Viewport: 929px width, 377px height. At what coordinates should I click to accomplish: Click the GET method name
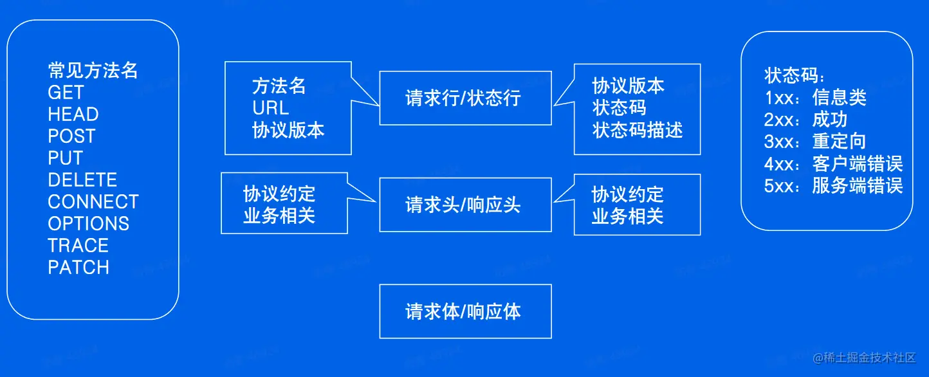tap(66, 93)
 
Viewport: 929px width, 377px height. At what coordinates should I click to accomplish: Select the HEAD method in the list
tap(73, 115)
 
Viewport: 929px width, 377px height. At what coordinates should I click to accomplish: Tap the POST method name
tap(71, 136)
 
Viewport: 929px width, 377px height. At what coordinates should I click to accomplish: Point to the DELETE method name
tap(82, 179)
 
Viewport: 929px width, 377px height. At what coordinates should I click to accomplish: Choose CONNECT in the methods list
tap(93, 201)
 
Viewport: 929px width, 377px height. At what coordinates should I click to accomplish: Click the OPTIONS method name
tap(88, 223)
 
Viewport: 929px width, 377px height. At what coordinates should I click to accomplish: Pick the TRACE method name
tap(78, 245)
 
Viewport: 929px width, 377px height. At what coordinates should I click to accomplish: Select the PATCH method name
tap(78, 267)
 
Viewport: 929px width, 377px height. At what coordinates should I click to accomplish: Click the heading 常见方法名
tap(93, 70)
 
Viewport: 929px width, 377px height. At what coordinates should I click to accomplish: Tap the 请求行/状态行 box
tap(465, 98)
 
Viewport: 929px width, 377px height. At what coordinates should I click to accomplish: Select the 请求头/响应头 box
tap(465, 205)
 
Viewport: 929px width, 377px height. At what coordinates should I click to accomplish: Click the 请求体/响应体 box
tap(465, 311)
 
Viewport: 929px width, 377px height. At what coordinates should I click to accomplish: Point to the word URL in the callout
tap(270, 107)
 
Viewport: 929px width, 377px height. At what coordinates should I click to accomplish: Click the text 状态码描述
tap(637, 130)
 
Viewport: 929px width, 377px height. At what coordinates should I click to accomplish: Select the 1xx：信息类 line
tap(815, 98)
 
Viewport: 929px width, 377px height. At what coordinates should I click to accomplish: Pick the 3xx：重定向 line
tap(815, 142)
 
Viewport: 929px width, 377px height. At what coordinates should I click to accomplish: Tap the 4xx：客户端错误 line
tap(833, 163)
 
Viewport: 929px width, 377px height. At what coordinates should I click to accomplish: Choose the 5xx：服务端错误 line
tap(833, 185)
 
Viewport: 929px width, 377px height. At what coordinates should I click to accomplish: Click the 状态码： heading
tap(795, 76)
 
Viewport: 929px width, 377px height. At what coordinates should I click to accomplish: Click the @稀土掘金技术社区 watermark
tap(864, 357)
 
